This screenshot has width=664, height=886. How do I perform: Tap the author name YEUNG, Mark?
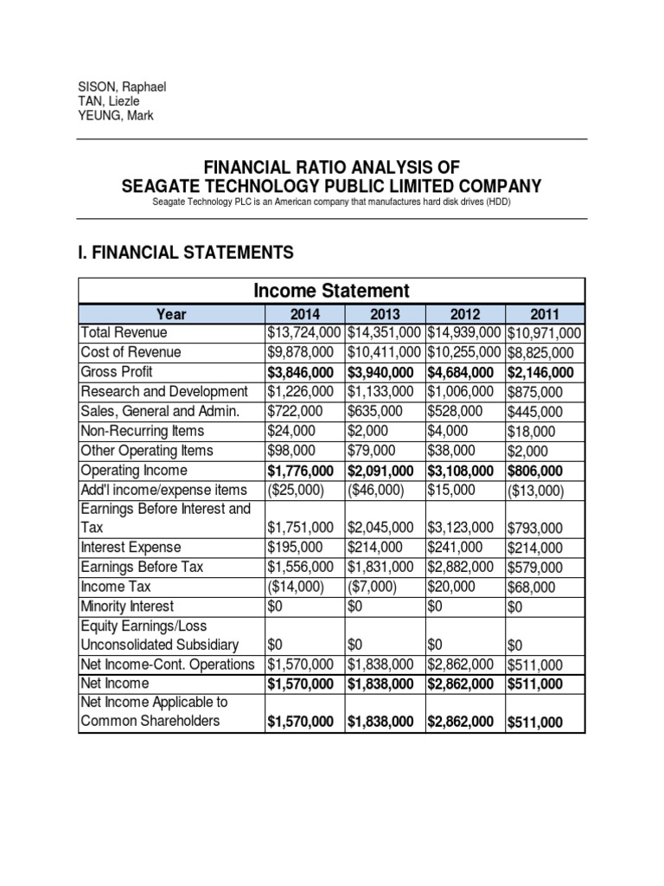pyautogui.click(x=116, y=115)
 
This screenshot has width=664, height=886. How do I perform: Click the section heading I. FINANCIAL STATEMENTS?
pyautogui.click(x=186, y=252)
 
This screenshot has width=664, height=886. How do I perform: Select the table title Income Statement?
pyautogui.click(x=331, y=291)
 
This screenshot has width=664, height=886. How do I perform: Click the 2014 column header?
pyautogui.click(x=304, y=314)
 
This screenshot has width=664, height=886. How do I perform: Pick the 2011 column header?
pyautogui.click(x=545, y=314)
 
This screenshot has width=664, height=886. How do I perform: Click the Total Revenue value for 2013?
pyautogui.click(x=385, y=333)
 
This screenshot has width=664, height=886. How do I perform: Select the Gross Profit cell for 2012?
pyautogui.click(x=464, y=372)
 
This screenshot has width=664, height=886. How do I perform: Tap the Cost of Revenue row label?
pyautogui.click(x=131, y=352)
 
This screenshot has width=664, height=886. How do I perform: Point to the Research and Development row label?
pyautogui.click(x=164, y=391)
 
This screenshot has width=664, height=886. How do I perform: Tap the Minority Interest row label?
pyautogui.click(x=127, y=607)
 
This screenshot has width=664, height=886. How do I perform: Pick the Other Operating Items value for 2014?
pyautogui.click(x=288, y=451)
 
